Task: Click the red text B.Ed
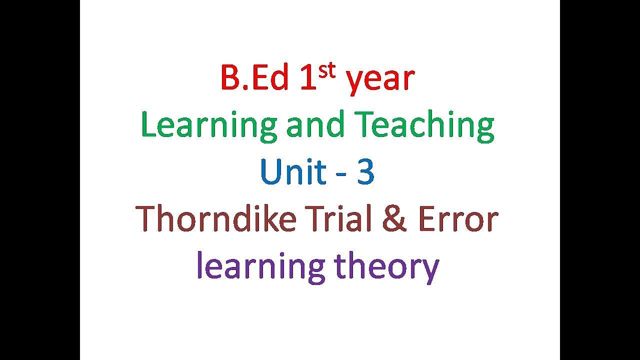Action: [254, 78]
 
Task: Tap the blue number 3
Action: [365, 172]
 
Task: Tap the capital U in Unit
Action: [270, 172]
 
